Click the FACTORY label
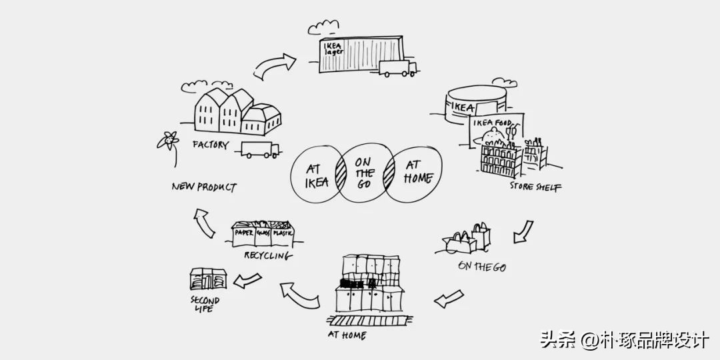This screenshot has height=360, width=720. click(211, 145)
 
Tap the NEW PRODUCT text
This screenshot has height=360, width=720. click(203, 187)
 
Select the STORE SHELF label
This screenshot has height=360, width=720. click(535, 187)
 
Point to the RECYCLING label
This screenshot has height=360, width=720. click(267, 255)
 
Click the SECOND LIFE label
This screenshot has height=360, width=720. click(205, 304)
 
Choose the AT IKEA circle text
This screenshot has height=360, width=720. click(317, 175)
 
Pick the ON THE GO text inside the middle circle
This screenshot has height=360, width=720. click(364, 173)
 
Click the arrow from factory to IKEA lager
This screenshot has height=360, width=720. click(275, 67)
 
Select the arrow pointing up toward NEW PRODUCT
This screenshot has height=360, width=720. click(204, 223)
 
